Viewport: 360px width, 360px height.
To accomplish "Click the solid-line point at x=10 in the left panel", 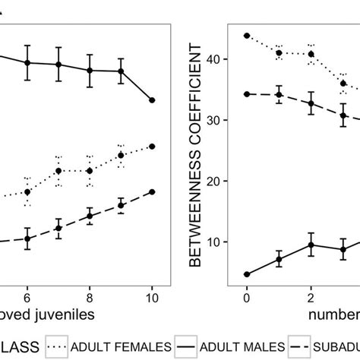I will [x=152, y=100].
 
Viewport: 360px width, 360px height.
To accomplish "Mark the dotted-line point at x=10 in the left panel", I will [x=152, y=146].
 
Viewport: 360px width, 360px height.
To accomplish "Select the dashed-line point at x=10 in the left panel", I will [x=152, y=191].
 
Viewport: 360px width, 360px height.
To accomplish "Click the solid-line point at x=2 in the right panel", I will [x=311, y=245].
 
